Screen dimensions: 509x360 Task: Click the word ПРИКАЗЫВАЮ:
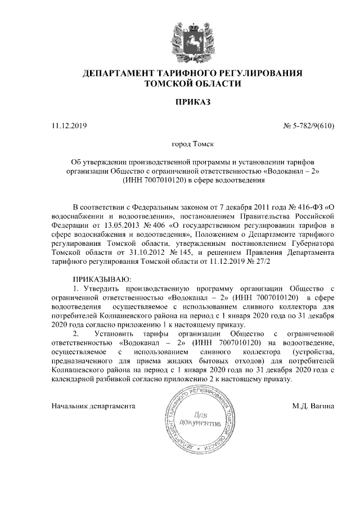pos(102,279)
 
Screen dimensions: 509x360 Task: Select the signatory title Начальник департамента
pos(94,405)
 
